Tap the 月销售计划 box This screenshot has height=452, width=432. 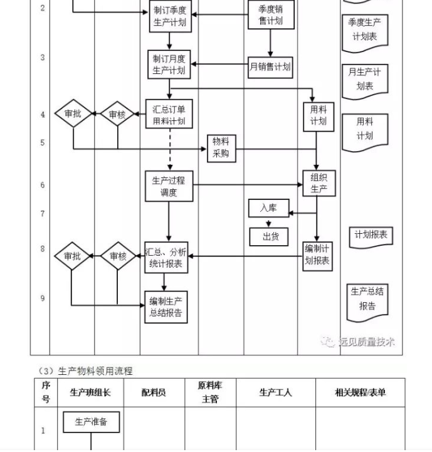pyautogui.click(x=270, y=66)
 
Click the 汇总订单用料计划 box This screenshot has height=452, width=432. pyautogui.click(x=169, y=114)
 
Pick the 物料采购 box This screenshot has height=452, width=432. pyautogui.click(x=221, y=148)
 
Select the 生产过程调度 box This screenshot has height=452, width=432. pyautogui.click(x=169, y=186)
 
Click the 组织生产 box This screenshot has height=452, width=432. pyautogui.click(x=319, y=182)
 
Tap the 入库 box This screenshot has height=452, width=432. pyautogui.click(x=268, y=208)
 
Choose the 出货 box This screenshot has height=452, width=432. pyautogui.click(x=271, y=236)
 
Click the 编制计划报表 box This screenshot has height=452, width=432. pyautogui.click(x=317, y=255)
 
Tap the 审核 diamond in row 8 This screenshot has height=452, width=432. pyautogui.click(x=118, y=256)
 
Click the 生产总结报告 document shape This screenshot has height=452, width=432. pyautogui.click(x=367, y=298)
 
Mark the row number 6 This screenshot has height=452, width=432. pyautogui.click(x=43, y=186)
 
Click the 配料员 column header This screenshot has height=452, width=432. pyautogui.click(x=154, y=392)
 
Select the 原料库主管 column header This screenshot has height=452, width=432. pyautogui.click(x=210, y=392)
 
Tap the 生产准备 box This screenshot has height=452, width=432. pyautogui.click(x=91, y=422)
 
